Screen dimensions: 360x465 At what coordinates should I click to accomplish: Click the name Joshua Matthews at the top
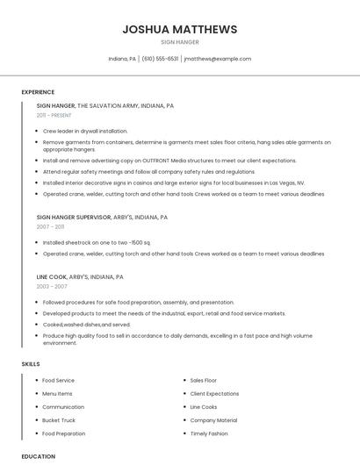pos(180,29)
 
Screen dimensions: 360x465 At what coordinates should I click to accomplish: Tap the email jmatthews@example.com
pos(217,59)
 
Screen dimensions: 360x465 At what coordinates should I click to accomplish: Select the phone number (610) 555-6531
pos(160,59)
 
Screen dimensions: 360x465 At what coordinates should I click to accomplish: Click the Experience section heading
pos(38,92)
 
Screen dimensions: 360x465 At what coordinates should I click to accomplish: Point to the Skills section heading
pos(31,363)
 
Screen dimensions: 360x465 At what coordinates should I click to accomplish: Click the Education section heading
pos(38,456)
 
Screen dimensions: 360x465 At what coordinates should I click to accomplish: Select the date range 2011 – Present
pos(54,115)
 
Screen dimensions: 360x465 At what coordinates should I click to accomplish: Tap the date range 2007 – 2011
pos(50,226)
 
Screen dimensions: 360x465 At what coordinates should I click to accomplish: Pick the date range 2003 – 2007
pos(51,286)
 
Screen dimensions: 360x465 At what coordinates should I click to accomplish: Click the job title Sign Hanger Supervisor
pos(74,217)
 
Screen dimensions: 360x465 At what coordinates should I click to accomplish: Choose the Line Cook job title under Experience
pos(52,276)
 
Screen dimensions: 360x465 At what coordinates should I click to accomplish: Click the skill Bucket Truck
pos(59,420)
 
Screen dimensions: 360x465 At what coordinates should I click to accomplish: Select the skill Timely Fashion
pos(209,433)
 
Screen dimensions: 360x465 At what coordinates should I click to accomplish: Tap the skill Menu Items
pos(58,394)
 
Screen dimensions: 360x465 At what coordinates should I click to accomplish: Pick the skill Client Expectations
pos(214,394)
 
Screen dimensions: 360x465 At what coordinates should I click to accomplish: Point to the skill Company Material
pos(213,420)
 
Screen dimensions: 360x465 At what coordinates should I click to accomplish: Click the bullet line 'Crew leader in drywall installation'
pos(84,131)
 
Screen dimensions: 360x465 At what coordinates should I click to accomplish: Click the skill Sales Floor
pos(204,381)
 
